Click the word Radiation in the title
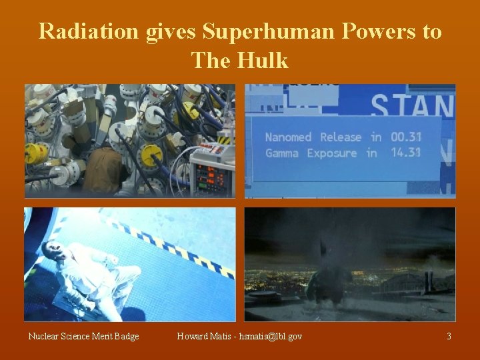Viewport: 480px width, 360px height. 90,31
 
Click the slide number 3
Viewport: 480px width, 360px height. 449,337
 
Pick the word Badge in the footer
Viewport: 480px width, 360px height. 125,337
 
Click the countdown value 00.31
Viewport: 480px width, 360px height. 405,137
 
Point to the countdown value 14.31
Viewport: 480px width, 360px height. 405,153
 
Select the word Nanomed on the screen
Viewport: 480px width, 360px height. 288,137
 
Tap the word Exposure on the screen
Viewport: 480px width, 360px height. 332,153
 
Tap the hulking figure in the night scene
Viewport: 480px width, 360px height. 327,280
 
